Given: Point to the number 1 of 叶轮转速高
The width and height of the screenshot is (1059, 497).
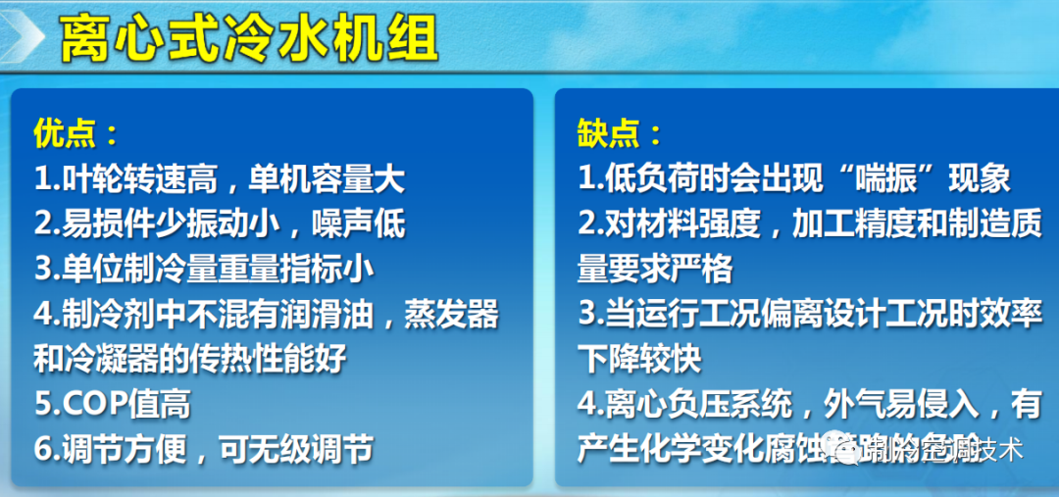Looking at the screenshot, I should click(42, 178).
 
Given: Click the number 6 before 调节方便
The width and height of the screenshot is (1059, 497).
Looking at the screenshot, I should click(42, 449).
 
